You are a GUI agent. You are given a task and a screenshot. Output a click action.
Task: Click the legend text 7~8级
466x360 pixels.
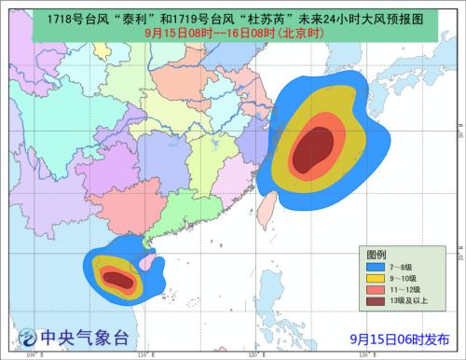(x=404, y=266)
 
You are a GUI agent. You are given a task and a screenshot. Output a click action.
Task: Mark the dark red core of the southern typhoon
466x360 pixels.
(x=116, y=277)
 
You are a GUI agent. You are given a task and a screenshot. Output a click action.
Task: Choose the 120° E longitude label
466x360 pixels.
(x=254, y=354)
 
